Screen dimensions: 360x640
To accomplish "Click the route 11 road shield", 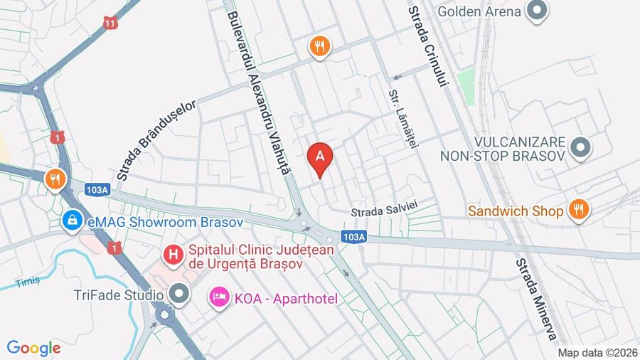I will (x=110, y=23).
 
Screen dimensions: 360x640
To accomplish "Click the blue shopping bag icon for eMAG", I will (x=72, y=221).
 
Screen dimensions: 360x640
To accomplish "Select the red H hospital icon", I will (x=171, y=253).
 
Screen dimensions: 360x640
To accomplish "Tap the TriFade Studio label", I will (x=118, y=294).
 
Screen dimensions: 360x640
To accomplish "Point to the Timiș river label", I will (x=28, y=282).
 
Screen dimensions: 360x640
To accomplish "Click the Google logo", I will (x=33, y=348).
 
